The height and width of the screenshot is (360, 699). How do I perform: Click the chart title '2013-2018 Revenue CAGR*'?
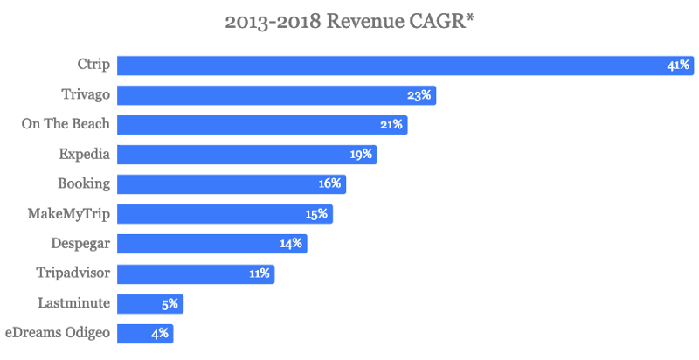click(349, 23)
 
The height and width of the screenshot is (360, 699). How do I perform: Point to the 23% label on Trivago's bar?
click(419, 95)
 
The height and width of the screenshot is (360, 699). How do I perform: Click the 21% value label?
click(391, 125)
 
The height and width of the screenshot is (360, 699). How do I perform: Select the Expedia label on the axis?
click(84, 154)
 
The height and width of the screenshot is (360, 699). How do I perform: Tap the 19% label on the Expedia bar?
click(361, 155)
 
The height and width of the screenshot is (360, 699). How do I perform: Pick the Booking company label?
click(85, 183)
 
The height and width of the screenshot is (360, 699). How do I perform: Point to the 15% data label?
click(316, 214)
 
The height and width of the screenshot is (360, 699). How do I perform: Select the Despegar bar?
click(212, 244)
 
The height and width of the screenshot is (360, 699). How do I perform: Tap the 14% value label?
click(291, 244)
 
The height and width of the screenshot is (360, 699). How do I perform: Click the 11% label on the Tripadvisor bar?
click(259, 273)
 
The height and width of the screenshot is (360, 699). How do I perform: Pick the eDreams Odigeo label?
click(58, 332)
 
